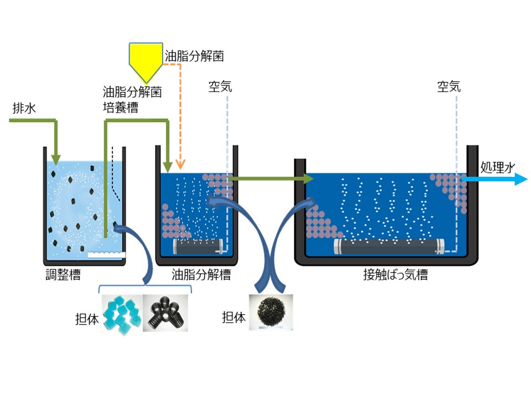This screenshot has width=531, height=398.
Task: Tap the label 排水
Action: (24, 108)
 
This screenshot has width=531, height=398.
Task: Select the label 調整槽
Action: (63, 275)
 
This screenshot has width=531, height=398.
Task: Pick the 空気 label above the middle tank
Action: (220, 87)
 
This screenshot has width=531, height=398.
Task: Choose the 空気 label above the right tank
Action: (449, 87)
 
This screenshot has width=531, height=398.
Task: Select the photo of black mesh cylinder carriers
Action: (165, 312)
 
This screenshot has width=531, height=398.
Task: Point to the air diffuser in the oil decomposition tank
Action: (197, 245)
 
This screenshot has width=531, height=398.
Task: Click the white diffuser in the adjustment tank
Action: (106, 255)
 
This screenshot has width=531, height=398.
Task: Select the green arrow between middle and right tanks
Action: (271, 179)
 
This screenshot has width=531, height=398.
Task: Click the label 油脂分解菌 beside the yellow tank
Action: (194, 56)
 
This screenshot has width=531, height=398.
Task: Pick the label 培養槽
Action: (121, 107)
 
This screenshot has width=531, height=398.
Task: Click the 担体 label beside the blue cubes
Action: (86, 319)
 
